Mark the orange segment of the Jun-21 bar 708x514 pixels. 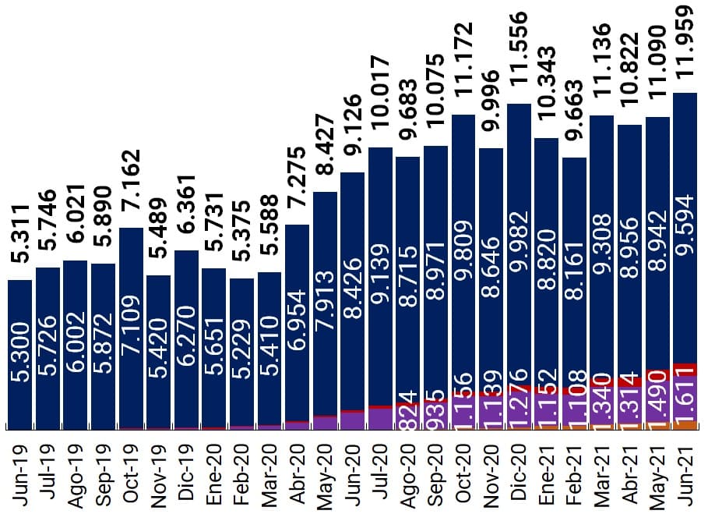pos(685,425)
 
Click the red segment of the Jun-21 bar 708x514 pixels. pos(685,370)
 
